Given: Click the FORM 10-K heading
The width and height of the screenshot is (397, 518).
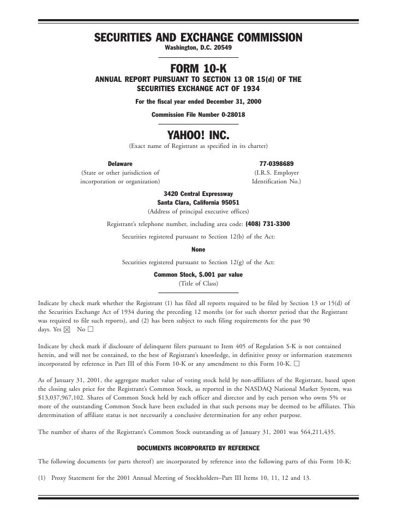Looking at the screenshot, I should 198,69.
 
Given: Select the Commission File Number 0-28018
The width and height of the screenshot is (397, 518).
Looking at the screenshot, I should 198,115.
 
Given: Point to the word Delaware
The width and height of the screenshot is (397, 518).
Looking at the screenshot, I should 120,164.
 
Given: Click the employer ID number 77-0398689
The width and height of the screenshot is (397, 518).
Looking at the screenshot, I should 276,164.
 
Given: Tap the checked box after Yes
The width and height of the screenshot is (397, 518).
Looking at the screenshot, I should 67,330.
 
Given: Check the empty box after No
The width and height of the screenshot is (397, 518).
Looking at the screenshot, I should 90,330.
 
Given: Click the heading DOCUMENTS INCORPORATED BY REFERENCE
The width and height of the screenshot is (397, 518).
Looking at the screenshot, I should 198,448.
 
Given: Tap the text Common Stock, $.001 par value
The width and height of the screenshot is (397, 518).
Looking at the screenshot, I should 198,275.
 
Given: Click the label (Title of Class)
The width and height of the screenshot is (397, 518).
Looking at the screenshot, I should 198,284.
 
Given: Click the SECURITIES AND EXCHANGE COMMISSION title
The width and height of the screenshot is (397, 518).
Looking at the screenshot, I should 198,38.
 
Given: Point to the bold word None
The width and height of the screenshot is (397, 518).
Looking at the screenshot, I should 198,249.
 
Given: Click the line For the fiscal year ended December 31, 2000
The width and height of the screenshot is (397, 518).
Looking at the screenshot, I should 198,102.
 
